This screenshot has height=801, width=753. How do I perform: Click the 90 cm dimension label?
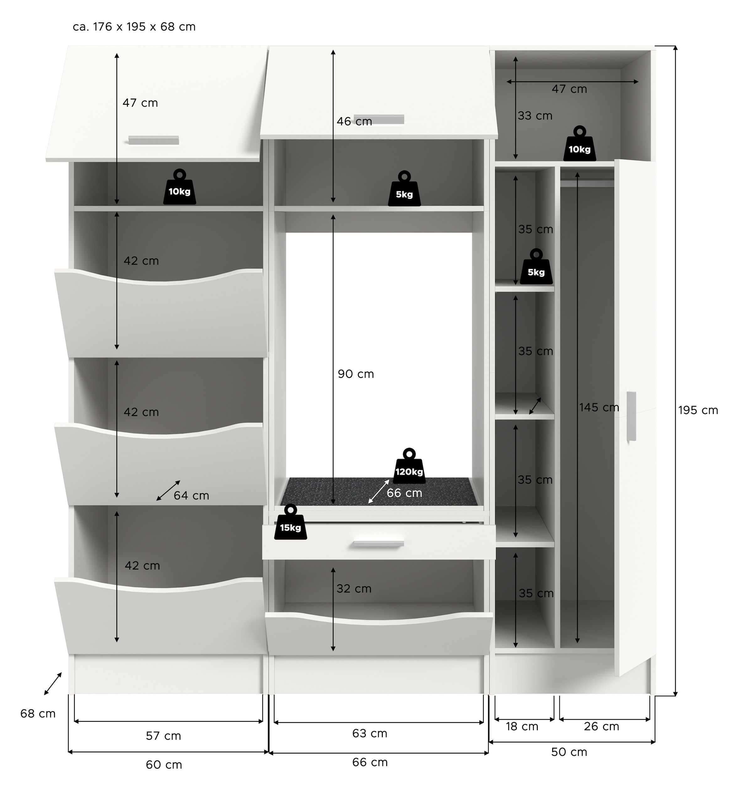[x=356, y=374]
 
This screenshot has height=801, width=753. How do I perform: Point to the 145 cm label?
[x=599, y=408]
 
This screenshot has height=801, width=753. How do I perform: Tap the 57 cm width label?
[x=163, y=736]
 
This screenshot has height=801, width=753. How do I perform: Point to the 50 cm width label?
[x=569, y=752]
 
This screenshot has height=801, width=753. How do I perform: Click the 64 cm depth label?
[x=191, y=496]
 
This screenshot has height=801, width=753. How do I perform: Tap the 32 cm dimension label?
[x=354, y=589]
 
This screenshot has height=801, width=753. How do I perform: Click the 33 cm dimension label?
[x=535, y=116]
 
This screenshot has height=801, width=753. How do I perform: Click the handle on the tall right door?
[x=631, y=416]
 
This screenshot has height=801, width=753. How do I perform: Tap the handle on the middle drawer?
[x=378, y=544]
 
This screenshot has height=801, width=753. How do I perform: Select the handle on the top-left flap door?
[x=153, y=140]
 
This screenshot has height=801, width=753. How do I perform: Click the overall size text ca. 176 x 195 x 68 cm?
[x=134, y=27]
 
